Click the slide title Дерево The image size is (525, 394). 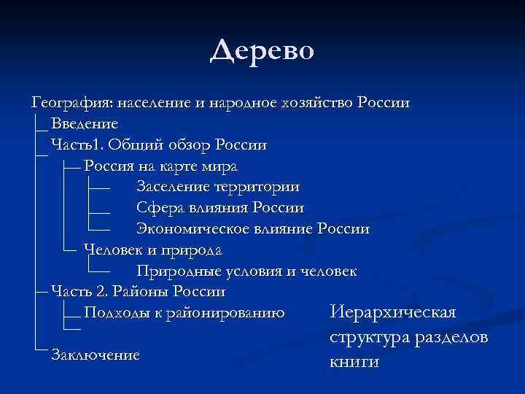[262, 50]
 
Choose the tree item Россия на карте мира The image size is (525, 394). [160, 166]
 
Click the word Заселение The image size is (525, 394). [172, 187]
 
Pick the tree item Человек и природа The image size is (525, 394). [153, 250]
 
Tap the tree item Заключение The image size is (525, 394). [96, 355]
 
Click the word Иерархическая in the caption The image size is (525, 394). [393, 313]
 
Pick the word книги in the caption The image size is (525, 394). [354, 362]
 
